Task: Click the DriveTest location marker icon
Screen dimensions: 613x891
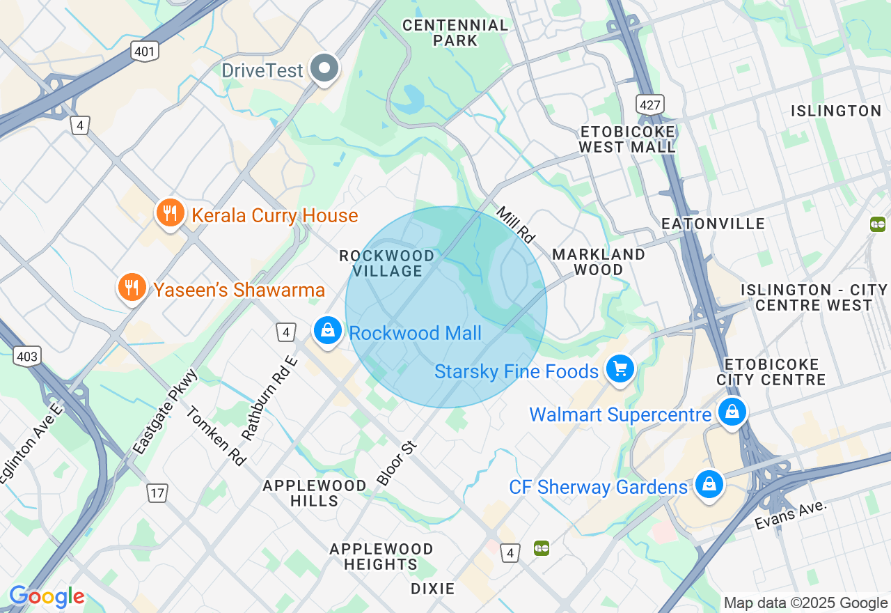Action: (324, 69)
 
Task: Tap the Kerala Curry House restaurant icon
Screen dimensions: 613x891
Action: (170, 213)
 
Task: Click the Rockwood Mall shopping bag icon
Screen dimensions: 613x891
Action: (327, 331)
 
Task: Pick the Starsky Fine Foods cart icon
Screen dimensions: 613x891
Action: (620, 369)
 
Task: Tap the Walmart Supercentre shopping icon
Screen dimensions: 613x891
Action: (732, 412)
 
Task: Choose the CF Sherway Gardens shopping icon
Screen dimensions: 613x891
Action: (709, 485)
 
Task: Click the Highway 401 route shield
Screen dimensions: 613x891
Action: (145, 51)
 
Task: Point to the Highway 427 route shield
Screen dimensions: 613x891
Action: (649, 104)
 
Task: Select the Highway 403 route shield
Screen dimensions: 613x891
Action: (26, 357)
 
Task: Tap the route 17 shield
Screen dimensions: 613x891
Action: (157, 493)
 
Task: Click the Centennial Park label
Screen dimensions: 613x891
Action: (456, 33)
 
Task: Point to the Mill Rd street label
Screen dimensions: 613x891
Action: (516, 224)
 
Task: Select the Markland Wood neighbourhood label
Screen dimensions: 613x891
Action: (598, 262)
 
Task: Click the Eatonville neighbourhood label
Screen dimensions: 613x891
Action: (713, 224)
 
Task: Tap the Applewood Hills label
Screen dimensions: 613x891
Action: (315, 493)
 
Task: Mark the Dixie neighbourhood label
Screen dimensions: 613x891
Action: (432, 589)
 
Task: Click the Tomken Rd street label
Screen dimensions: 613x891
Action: (216, 436)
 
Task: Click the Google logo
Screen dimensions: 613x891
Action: (47, 597)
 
